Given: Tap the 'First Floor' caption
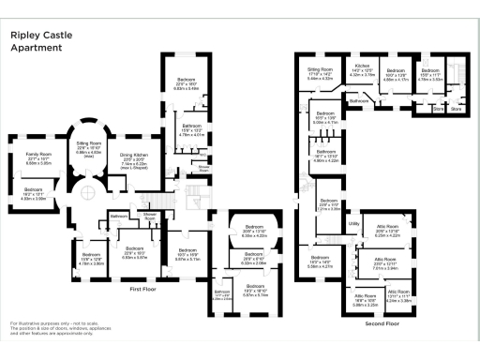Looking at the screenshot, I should click(x=147, y=290).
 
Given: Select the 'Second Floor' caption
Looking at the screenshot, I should click(x=382, y=322).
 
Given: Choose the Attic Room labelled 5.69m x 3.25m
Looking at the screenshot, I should click(x=365, y=301).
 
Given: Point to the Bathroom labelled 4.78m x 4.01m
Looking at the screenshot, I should click(x=191, y=130).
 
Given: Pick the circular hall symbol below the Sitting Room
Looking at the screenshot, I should click(x=85, y=193).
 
